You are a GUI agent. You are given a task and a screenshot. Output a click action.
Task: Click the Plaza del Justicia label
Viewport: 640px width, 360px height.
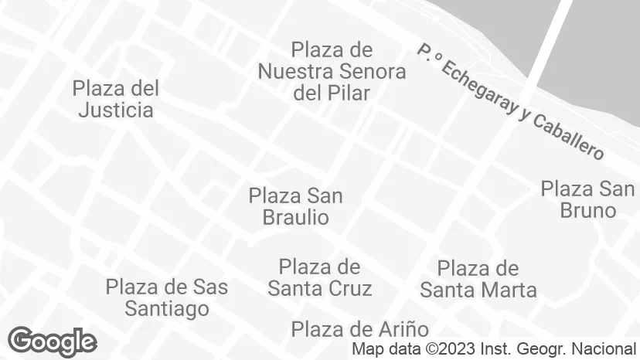tap(116, 99)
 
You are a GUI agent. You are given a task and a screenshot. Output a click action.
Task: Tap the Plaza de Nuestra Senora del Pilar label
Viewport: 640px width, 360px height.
tap(332, 72)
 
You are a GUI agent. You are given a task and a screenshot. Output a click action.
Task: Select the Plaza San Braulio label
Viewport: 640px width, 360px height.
tap(296, 206)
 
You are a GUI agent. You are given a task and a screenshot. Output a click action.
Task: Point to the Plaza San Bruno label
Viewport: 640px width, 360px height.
tap(587, 199)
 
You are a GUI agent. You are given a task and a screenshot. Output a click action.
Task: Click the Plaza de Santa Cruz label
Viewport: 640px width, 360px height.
tap(319, 278)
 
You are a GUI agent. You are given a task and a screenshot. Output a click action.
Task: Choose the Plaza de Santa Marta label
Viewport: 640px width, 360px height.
tap(478, 280)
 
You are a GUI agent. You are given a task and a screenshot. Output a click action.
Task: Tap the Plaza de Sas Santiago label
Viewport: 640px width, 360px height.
tap(167, 298)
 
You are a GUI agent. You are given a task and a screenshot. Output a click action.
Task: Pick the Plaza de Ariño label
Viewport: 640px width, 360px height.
tap(359, 330)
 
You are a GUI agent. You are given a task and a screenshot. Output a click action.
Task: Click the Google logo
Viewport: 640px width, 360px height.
tap(52, 341)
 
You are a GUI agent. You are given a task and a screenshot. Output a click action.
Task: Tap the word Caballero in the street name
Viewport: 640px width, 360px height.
tap(569, 135)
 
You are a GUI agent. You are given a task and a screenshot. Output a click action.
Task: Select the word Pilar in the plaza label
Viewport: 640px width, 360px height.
tap(349, 93)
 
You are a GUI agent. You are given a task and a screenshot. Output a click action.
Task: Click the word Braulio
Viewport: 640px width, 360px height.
tap(296, 218)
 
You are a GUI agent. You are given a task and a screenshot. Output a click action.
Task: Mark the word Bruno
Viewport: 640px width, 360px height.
tap(587, 210)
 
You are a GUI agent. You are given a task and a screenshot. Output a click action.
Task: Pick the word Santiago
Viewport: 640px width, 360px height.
tap(168, 309)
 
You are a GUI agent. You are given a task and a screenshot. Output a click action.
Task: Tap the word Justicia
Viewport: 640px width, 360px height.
tap(116, 110)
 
